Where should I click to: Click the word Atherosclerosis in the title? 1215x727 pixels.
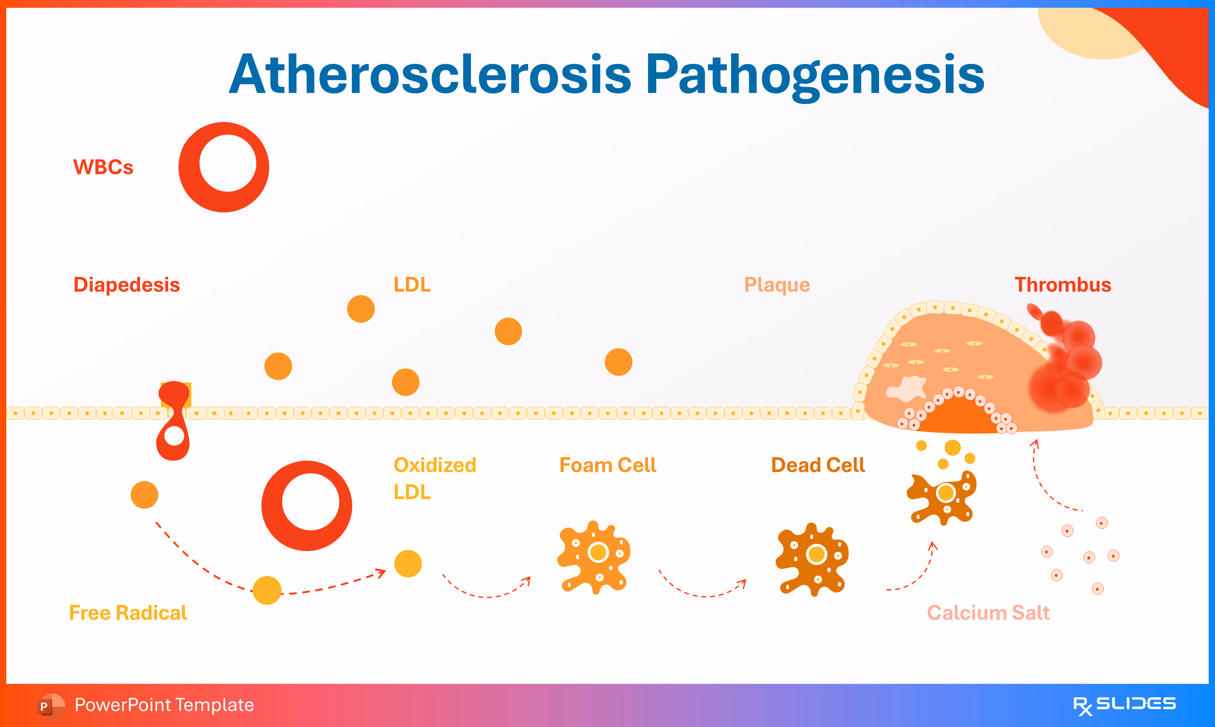click(x=430, y=74)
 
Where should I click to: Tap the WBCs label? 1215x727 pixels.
click(x=103, y=167)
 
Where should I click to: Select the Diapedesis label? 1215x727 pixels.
click(x=126, y=285)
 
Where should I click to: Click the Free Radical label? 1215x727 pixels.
click(x=128, y=612)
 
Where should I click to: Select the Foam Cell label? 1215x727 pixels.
click(x=607, y=465)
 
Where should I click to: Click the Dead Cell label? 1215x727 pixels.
click(x=818, y=465)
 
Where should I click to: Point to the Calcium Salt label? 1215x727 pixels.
click(x=988, y=612)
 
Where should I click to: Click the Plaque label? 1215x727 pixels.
click(x=777, y=285)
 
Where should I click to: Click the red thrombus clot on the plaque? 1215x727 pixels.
click(x=1068, y=363)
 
